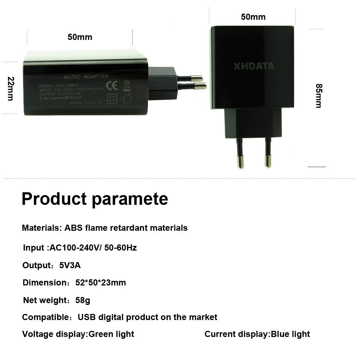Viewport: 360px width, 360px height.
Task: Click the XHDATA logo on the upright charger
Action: [254, 66]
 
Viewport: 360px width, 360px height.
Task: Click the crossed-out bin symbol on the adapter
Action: [127, 85]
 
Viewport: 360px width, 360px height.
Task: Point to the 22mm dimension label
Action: [10, 89]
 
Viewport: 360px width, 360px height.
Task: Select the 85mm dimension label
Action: [318, 96]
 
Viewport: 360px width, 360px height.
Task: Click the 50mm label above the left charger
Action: [80, 37]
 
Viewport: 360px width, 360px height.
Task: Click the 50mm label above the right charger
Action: [253, 17]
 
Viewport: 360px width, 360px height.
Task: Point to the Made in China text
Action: [86, 103]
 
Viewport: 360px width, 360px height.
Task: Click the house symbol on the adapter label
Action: [127, 98]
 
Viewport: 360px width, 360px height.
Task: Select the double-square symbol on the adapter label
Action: [112, 98]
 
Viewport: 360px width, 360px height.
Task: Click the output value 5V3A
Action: [70, 266]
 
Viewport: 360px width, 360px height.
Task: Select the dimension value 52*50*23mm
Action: [101, 283]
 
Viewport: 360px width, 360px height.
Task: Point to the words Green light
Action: [111, 334]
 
